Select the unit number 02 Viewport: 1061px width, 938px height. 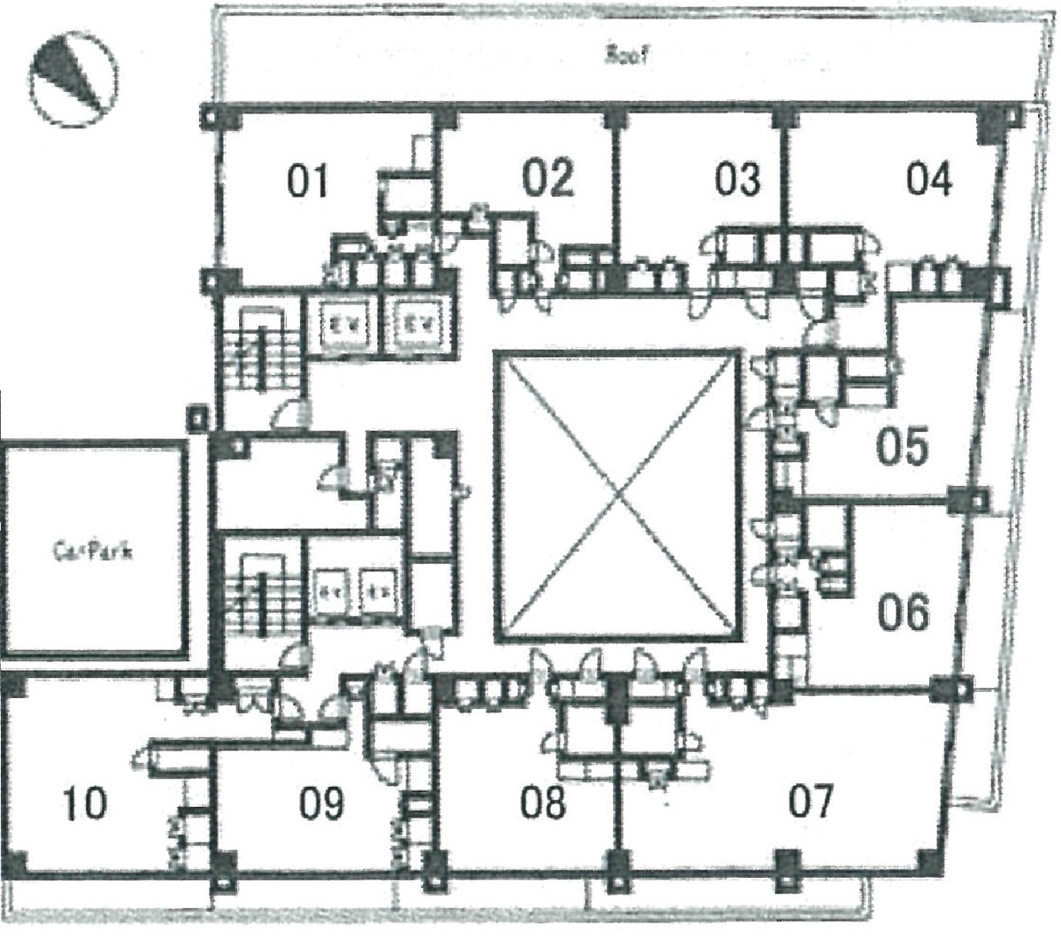[548, 178]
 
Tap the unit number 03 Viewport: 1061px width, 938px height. [737, 179]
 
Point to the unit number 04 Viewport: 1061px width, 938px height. [929, 179]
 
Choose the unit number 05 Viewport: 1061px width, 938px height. [902, 446]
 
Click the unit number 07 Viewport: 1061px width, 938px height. [811, 803]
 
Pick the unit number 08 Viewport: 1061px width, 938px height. [542, 804]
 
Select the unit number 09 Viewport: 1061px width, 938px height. [320, 804]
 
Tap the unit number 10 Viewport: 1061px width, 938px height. [85, 804]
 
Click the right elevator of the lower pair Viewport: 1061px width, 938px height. [380, 588]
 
